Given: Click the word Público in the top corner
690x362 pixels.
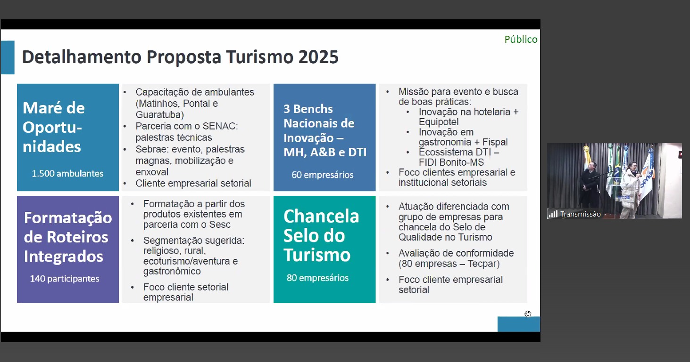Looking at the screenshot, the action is click(521, 40).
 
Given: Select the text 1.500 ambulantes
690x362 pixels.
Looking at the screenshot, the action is click(67, 173).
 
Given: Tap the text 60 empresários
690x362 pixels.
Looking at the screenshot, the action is click(322, 175).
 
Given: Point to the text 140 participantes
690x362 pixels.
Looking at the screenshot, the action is click(65, 279).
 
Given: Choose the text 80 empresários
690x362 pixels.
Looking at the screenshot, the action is click(317, 278).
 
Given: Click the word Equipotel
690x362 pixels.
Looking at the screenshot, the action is click(439, 122).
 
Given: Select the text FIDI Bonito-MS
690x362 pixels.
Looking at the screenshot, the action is click(451, 162).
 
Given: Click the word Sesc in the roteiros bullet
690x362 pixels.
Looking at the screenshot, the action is click(220, 225).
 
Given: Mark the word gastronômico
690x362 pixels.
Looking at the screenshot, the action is click(172, 271).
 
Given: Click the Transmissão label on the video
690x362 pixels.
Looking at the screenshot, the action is click(580, 214).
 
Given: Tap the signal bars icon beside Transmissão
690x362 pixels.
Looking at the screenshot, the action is click(553, 214).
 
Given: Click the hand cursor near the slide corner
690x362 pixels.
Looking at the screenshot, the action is click(528, 314).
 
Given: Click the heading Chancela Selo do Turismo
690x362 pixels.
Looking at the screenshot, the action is click(321, 235).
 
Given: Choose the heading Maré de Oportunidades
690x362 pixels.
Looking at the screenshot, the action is click(53, 127).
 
